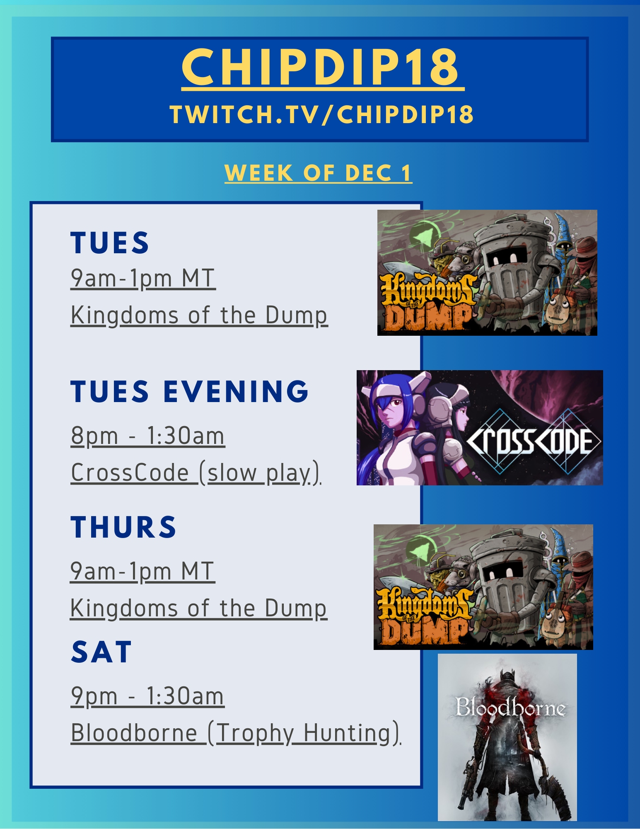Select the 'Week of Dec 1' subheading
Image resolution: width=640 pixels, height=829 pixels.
[318, 173]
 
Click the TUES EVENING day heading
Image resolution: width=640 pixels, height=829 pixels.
[190, 391]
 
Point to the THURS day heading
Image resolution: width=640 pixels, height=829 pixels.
[123, 527]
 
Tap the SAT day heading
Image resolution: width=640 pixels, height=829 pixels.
[101, 652]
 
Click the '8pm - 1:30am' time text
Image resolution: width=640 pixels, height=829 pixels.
[148, 436]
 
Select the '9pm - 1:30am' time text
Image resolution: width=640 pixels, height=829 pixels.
[147, 696]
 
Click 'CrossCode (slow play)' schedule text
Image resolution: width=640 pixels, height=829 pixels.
[196, 473]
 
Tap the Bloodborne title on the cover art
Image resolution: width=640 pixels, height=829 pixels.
[510, 708]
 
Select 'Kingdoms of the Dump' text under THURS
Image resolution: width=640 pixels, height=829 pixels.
[199, 608]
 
